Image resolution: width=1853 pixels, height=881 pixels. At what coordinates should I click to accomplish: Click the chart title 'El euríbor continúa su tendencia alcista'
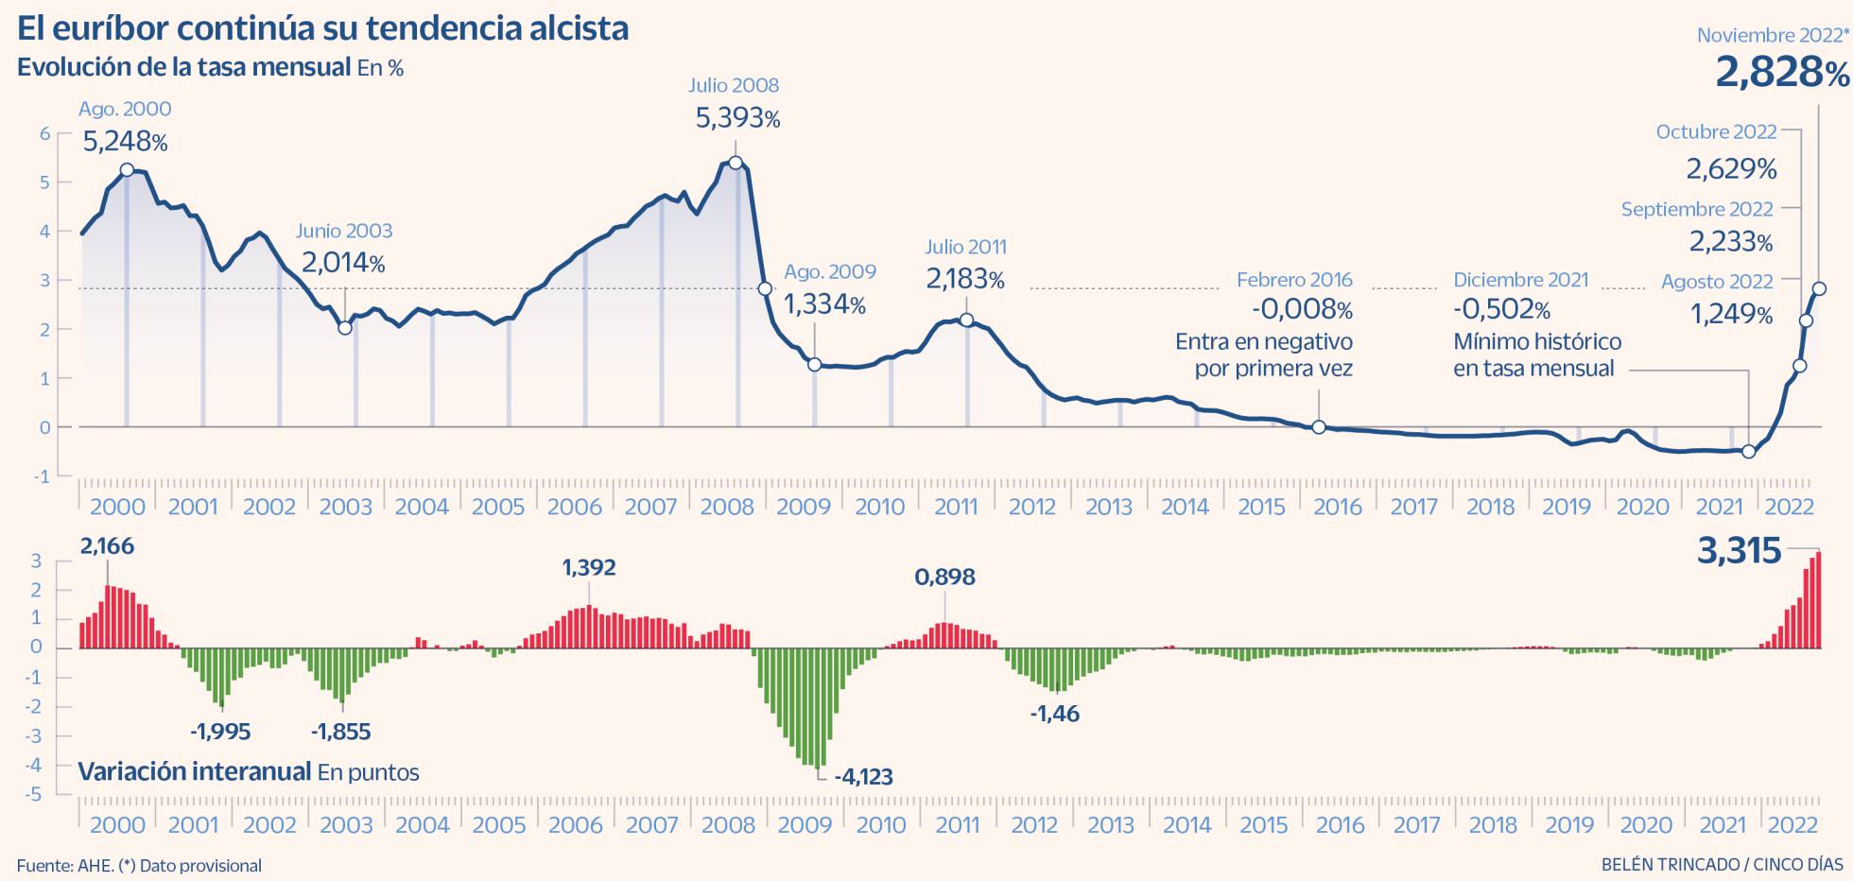[x=322, y=28]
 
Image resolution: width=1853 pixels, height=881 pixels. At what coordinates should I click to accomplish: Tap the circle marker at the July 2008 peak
[x=736, y=163]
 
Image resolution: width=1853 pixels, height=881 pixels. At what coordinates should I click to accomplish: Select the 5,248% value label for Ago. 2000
[x=125, y=142]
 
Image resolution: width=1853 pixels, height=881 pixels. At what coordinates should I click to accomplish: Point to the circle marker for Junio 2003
[x=345, y=327]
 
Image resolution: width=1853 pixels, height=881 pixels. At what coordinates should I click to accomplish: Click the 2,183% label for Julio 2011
[x=964, y=279]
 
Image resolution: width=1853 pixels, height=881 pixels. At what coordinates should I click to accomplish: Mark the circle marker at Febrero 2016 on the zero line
[x=1319, y=427]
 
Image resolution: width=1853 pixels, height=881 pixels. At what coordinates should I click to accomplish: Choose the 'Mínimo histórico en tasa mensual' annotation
[x=1536, y=354]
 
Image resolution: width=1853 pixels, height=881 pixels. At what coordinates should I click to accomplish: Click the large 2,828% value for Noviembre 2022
[x=1781, y=73]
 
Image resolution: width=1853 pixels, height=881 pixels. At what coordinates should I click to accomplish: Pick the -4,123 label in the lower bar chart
[x=862, y=777]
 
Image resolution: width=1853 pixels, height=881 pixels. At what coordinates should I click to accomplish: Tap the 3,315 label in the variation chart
[x=1739, y=551]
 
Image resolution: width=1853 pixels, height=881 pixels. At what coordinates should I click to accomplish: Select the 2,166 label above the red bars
[x=107, y=545]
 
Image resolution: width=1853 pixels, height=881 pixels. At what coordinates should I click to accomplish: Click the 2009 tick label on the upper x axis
[x=803, y=507]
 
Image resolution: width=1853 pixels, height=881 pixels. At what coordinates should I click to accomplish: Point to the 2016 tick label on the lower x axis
[x=1340, y=825]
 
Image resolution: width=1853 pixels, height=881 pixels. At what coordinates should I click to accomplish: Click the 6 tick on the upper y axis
[x=44, y=133]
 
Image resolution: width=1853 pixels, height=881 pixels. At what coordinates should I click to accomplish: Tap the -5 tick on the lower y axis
[x=34, y=794]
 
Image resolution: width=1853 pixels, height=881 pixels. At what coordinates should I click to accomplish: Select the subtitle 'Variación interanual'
[x=195, y=771]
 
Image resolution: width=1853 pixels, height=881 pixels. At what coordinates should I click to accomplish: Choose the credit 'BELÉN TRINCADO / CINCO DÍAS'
[x=1722, y=864]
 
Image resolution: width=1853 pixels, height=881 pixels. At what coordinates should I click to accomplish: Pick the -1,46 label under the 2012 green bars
[x=1054, y=714]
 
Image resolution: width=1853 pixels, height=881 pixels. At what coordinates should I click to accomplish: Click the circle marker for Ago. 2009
[x=814, y=364]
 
